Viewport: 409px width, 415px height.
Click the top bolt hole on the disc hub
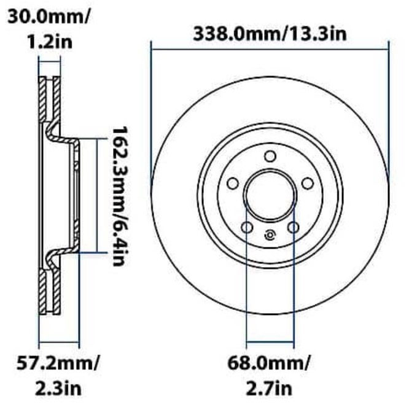pos(270,157)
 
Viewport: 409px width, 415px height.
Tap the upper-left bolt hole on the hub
pos(232,184)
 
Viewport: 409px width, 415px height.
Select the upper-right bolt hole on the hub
pos(308,184)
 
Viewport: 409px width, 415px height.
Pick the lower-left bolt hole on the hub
pos(247,228)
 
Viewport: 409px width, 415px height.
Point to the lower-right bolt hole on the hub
pos(294,228)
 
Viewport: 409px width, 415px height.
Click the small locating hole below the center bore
pos(270,234)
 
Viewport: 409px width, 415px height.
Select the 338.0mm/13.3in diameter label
pos(270,33)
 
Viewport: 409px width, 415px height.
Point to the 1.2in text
pos(49,41)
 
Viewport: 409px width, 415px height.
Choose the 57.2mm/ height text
pos(57,362)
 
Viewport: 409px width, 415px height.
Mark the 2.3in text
pos(57,387)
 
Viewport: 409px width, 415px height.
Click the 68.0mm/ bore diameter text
pos(269,362)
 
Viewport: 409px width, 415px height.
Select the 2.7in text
pos(269,387)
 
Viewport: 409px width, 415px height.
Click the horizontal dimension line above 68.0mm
pos(270,342)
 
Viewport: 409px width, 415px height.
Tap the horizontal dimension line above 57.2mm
pos(59,342)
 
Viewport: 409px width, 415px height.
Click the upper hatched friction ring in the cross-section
pos(50,101)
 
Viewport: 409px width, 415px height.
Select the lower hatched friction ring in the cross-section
pos(50,289)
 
